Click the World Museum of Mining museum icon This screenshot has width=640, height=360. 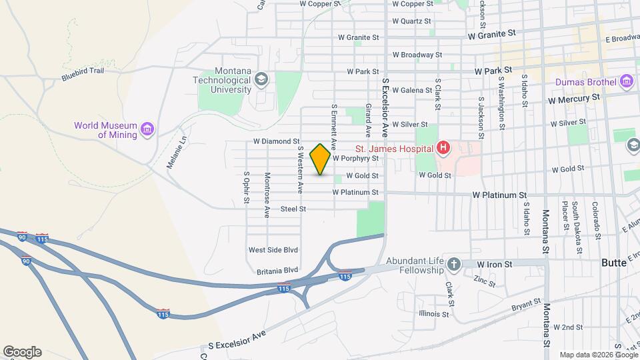(147, 127)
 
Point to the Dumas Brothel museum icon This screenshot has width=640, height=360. (625, 82)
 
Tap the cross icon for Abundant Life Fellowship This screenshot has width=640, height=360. (454, 264)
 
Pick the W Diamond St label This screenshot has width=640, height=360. (276, 141)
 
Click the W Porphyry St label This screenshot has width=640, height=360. (355, 159)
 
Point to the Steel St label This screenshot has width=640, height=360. (293, 209)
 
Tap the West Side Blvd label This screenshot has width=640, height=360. (273, 250)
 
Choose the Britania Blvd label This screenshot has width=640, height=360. (277, 271)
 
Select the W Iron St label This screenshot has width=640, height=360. (494, 264)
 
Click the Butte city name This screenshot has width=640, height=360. (613, 263)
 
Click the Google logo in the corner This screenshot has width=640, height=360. (22, 351)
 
